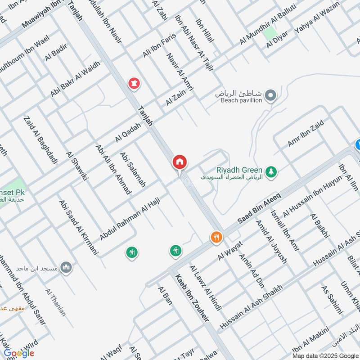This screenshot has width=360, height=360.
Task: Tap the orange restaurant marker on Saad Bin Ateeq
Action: pyautogui.click(x=216, y=237)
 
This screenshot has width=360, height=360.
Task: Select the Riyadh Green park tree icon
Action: pyautogui.click(x=271, y=171)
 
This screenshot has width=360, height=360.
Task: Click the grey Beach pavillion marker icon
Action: pyautogui.click(x=270, y=95)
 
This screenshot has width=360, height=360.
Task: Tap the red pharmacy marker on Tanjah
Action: pyautogui.click(x=134, y=83)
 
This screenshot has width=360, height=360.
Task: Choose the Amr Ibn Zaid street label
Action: pyautogui.click(x=306, y=134)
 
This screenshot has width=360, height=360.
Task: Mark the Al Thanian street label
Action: pyautogui.click(x=55, y=302)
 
